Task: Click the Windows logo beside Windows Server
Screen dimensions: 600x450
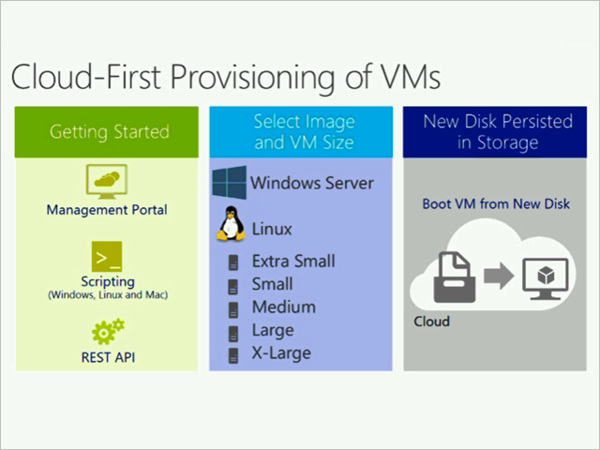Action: [x=229, y=183]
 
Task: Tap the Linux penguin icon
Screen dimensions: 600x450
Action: [x=231, y=224]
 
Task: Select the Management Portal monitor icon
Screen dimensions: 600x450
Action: [x=107, y=181]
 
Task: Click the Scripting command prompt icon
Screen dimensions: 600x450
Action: [x=107, y=256]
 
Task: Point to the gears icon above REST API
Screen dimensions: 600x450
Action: [x=108, y=331]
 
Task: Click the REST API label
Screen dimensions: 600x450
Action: [x=108, y=357]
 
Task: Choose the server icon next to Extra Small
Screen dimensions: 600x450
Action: [x=233, y=262]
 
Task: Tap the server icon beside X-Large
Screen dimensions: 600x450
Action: [x=233, y=355]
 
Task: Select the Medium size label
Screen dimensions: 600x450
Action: [x=284, y=307]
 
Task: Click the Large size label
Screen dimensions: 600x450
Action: [x=273, y=331]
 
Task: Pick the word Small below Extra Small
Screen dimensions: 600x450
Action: [x=272, y=284]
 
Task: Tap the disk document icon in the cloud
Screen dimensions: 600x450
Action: [x=454, y=277]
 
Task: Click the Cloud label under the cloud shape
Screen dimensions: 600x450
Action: [x=431, y=322]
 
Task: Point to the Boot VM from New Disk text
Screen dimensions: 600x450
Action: [x=496, y=203]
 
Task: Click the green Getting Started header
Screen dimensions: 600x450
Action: [x=107, y=132]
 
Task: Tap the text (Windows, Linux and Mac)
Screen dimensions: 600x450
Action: [x=108, y=295]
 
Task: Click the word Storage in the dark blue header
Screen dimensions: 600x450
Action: [x=507, y=142]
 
